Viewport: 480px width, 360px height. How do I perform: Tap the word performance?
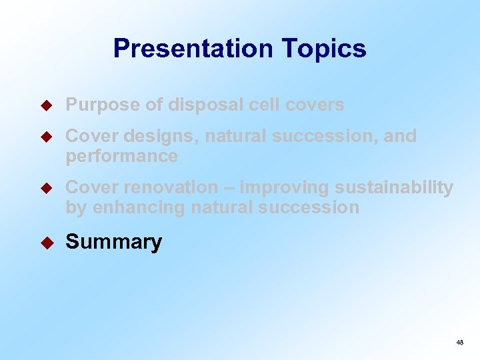click(x=121, y=156)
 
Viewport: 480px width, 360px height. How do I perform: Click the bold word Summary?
click(x=113, y=242)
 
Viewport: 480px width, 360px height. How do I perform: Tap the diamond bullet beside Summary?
click(x=47, y=241)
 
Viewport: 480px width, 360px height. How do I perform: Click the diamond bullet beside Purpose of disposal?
click(x=47, y=105)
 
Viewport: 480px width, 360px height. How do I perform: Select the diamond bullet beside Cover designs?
click(x=47, y=136)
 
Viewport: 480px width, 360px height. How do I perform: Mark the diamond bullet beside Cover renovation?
click(x=47, y=187)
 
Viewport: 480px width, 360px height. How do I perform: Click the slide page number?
click(x=459, y=342)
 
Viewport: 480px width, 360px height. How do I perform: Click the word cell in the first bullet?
click(x=265, y=105)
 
